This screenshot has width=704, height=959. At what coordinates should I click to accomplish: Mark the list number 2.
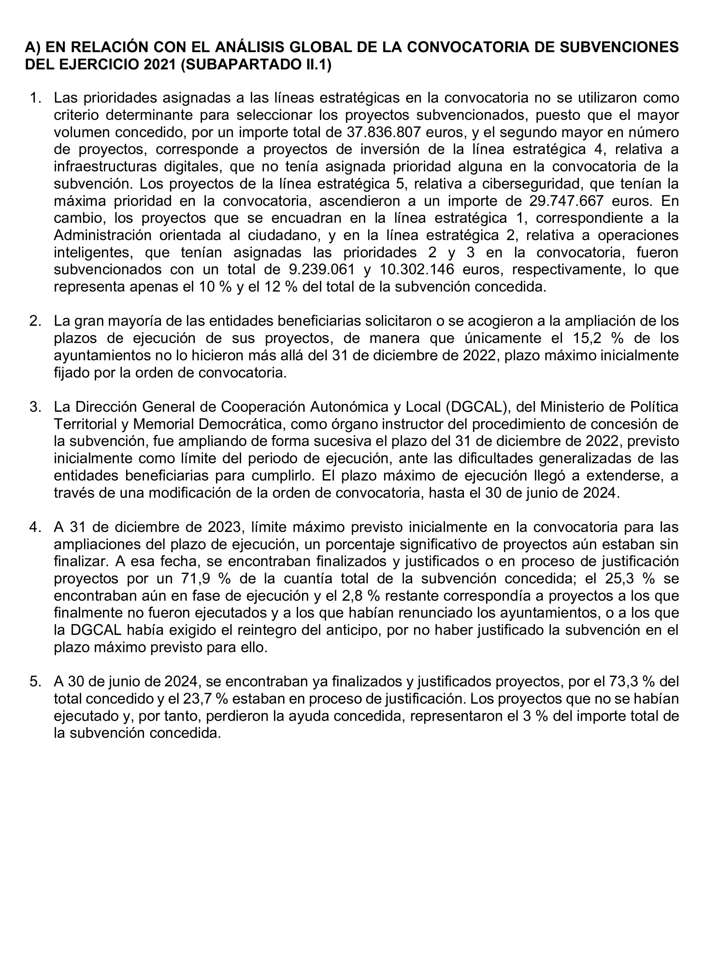tap(35, 321)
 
